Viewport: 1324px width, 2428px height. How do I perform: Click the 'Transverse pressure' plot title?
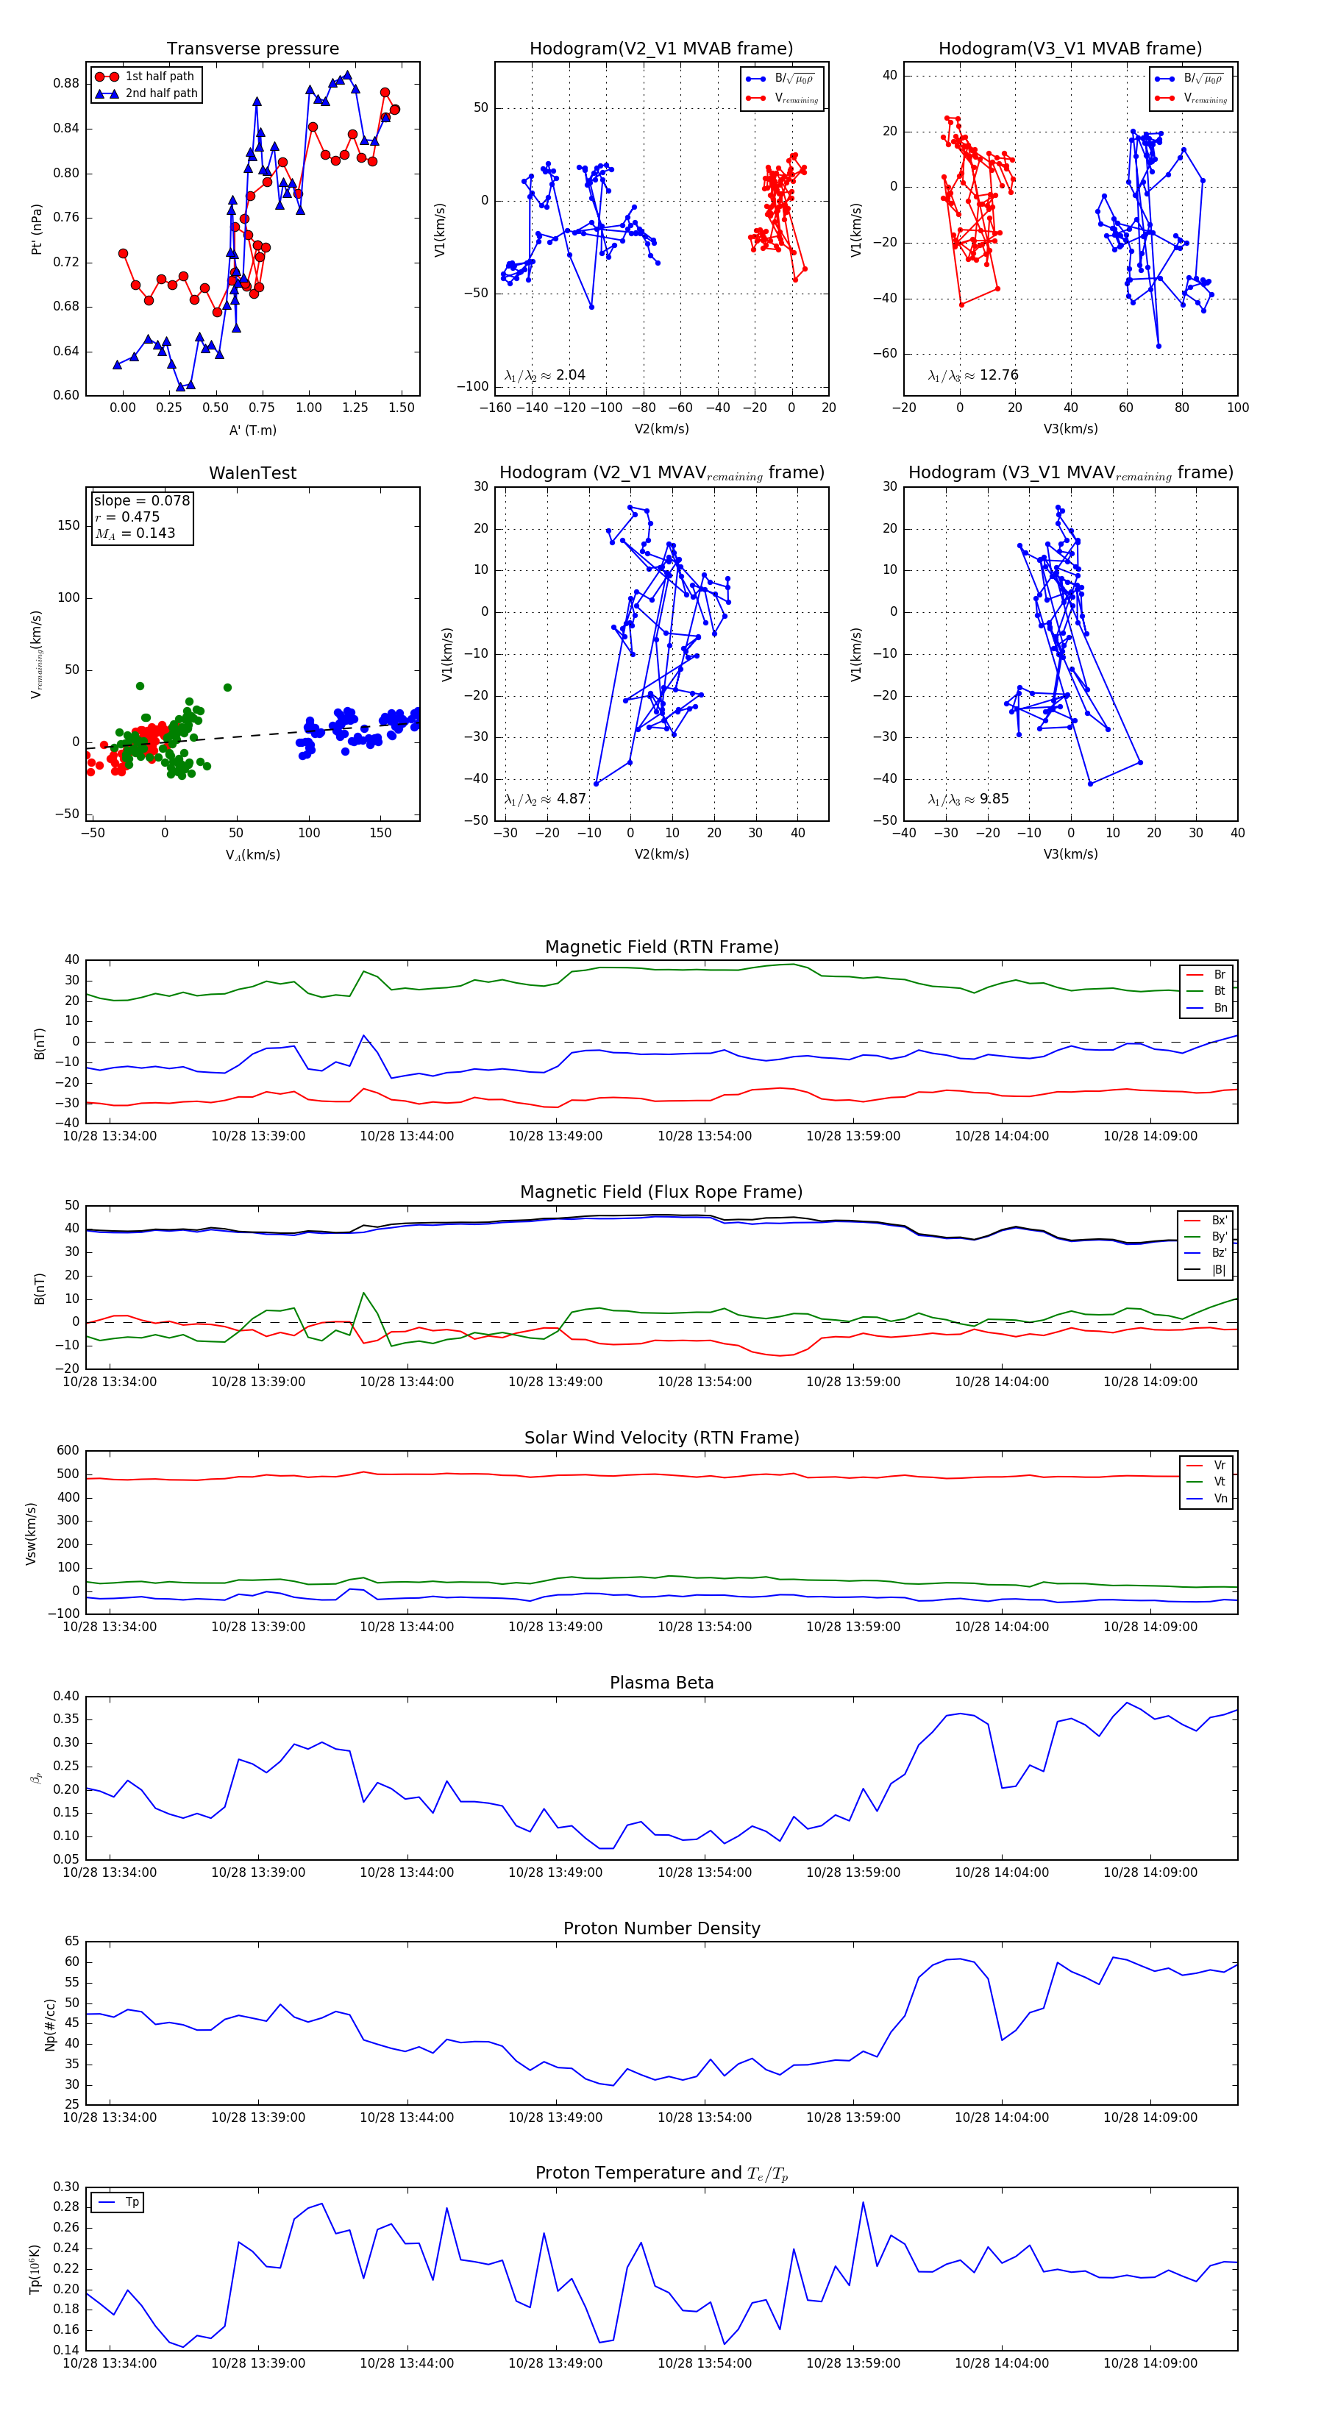[252, 49]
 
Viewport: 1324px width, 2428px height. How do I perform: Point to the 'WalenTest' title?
[252, 473]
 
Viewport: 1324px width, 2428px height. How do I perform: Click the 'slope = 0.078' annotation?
[141, 500]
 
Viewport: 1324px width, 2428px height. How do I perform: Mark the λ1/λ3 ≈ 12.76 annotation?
[972, 375]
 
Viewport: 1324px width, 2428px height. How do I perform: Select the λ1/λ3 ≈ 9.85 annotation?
[968, 799]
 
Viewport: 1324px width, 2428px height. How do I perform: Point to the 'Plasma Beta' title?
[661, 1683]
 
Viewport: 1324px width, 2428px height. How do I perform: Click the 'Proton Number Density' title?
[661, 1928]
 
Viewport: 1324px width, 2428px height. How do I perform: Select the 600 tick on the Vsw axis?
[68, 1451]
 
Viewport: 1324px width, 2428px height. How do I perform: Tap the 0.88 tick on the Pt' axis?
[66, 83]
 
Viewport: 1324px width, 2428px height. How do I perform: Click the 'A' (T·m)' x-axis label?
[252, 430]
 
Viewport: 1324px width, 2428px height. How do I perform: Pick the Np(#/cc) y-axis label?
[50, 2025]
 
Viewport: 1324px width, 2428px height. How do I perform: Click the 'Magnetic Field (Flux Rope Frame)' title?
[661, 1193]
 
